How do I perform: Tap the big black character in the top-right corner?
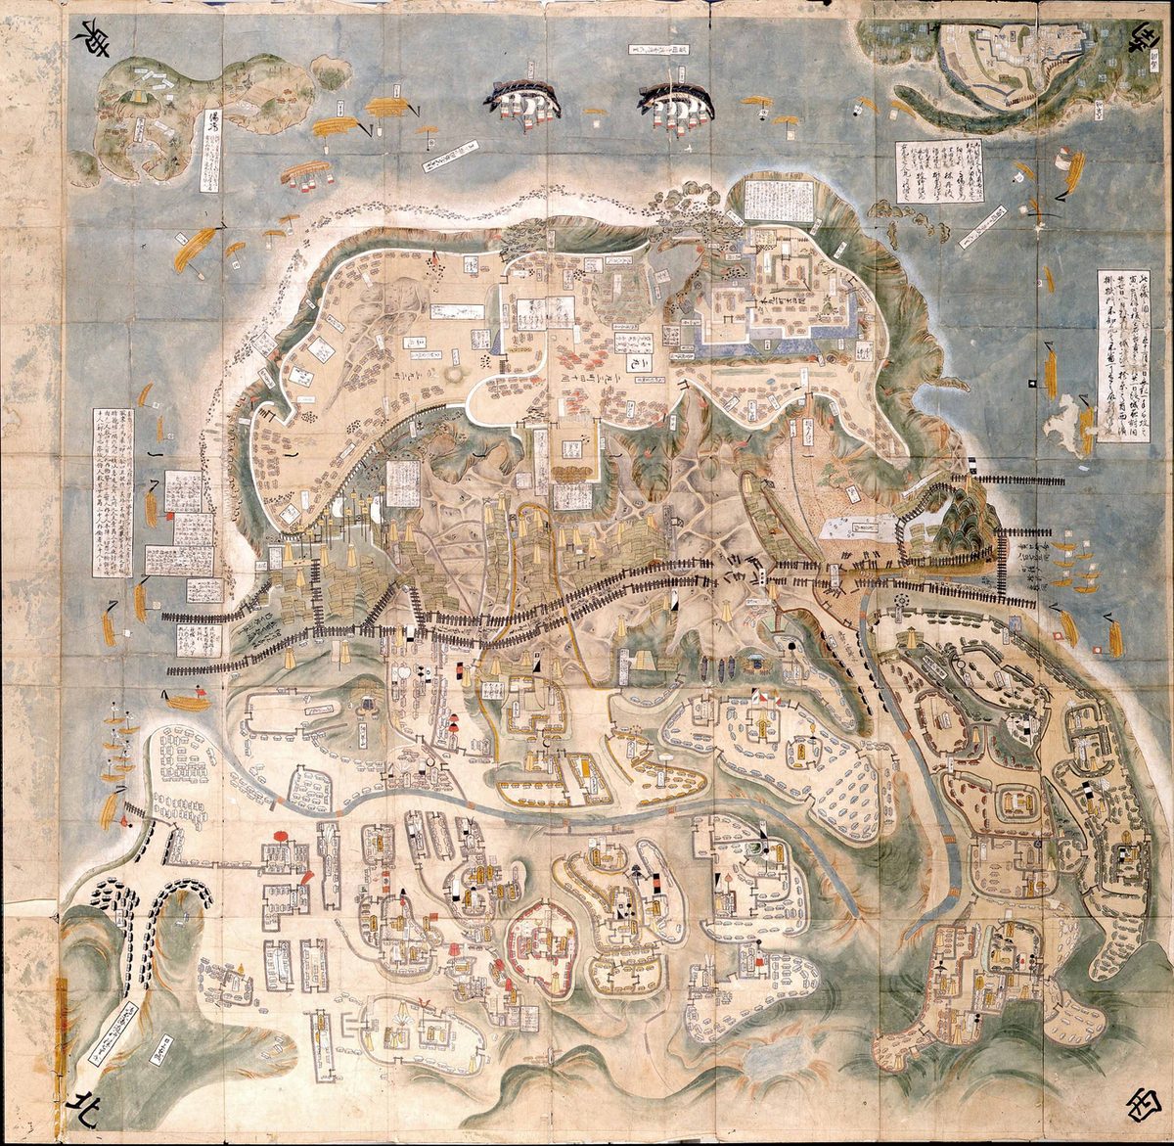click(x=1139, y=41)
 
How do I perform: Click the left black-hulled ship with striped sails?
click(x=521, y=100)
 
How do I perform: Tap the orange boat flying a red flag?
click(x=186, y=701)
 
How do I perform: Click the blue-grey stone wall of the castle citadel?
click(x=773, y=338)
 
